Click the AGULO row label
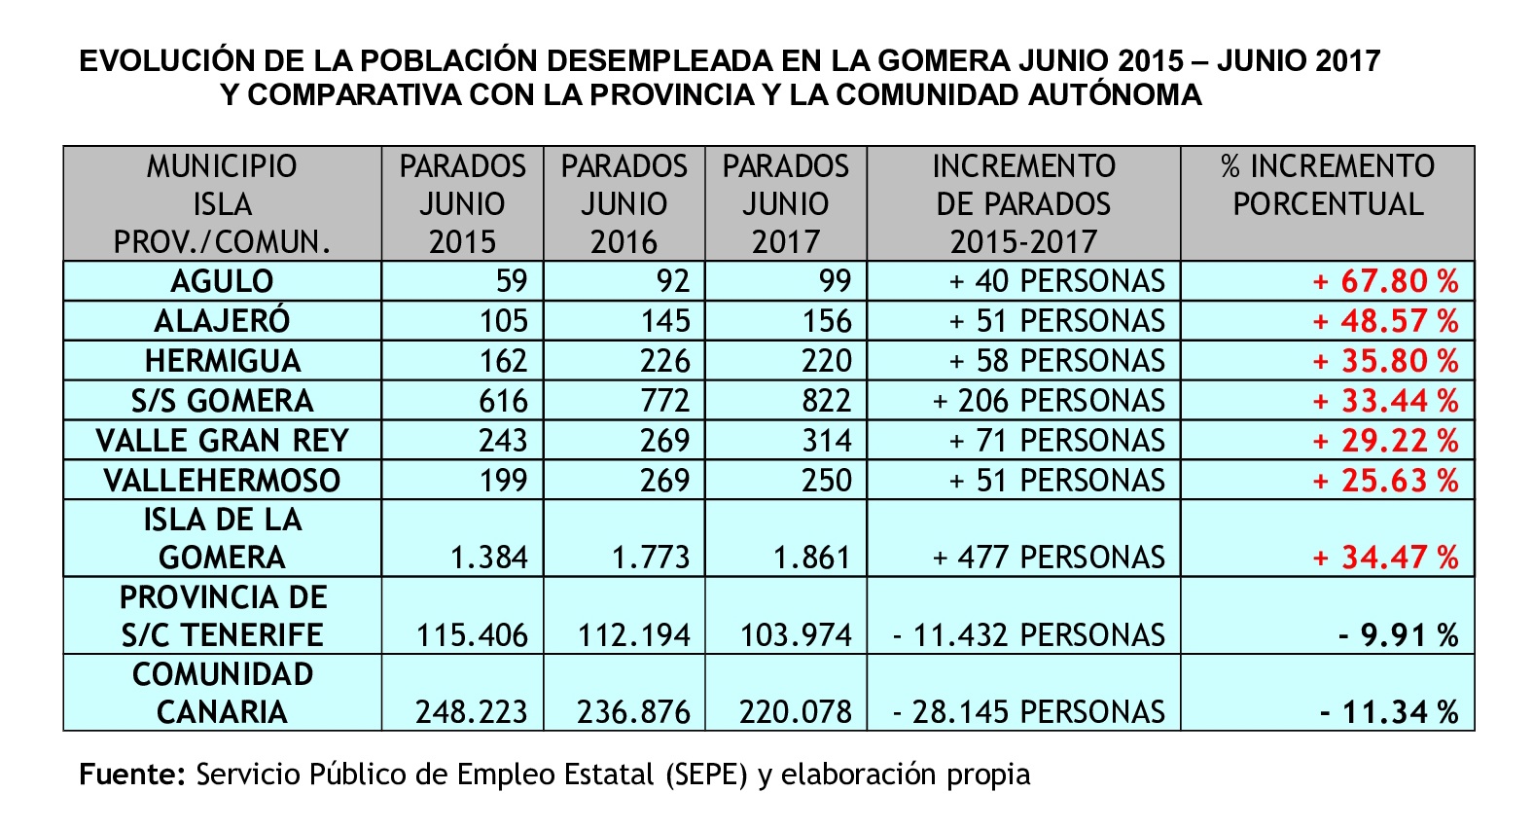point(222,281)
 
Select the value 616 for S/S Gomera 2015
point(503,401)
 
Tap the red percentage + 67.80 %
point(1385,281)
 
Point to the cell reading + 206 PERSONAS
point(1048,401)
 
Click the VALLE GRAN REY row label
point(222,441)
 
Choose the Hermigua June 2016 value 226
point(664,361)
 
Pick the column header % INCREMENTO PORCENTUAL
point(1328,185)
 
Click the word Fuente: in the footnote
point(132,775)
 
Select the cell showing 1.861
point(811,558)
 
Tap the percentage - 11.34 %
point(1389,712)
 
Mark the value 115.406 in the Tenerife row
point(472,635)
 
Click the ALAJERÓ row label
point(222,321)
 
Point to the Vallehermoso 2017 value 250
point(826,481)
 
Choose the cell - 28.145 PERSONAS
point(1028,712)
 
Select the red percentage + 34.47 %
point(1385,558)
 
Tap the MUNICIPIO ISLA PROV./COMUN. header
point(222,204)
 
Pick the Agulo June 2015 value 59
point(512,281)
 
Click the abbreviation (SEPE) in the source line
point(707,775)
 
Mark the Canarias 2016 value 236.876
point(633,712)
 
